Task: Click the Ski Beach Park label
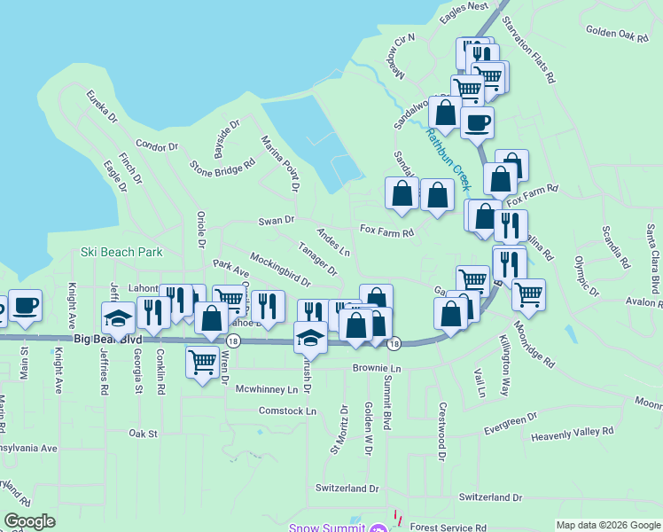(121, 252)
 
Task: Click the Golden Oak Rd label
(618, 34)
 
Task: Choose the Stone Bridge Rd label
(216, 168)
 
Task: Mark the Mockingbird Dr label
(279, 270)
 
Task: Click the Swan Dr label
(276, 220)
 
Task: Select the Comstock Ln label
(287, 411)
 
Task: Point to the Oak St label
(142, 434)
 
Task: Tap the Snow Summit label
(327, 528)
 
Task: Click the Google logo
(29, 521)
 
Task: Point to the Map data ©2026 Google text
(607, 525)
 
